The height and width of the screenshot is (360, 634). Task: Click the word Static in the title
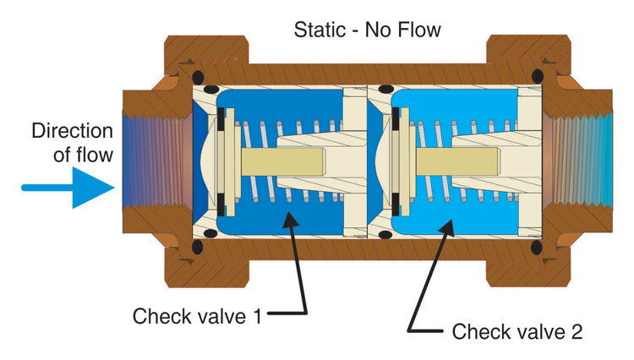pyautogui.click(x=318, y=30)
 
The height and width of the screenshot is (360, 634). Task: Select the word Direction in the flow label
pyautogui.click(x=72, y=132)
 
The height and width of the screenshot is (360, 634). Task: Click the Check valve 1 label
pyautogui.click(x=197, y=317)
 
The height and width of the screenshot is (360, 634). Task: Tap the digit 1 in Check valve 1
pyautogui.click(x=256, y=317)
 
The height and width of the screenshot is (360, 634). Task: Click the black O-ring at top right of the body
pyautogui.click(x=537, y=77)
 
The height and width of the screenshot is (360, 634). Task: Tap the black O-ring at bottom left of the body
pyautogui.click(x=197, y=247)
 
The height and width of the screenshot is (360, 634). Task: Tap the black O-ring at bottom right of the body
pyautogui.click(x=537, y=247)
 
